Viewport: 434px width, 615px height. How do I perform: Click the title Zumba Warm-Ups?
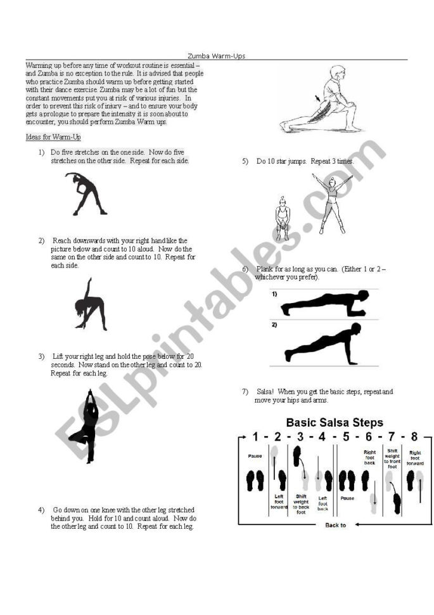click(x=217, y=56)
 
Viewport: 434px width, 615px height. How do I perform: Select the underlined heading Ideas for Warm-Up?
click(x=53, y=137)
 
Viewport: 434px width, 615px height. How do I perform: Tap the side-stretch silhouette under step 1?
click(x=86, y=194)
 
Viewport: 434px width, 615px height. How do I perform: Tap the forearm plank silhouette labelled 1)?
click(x=324, y=303)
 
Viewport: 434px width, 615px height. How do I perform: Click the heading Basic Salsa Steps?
click(x=335, y=422)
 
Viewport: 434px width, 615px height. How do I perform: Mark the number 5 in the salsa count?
click(x=346, y=437)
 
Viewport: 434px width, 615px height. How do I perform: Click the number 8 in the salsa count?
click(x=414, y=437)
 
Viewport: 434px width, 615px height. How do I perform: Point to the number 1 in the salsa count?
click(x=255, y=437)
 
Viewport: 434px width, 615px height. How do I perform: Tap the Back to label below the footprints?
click(x=335, y=525)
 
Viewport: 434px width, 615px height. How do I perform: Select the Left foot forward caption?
click(x=279, y=503)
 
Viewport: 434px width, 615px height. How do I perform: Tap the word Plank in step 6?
click(x=264, y=269)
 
